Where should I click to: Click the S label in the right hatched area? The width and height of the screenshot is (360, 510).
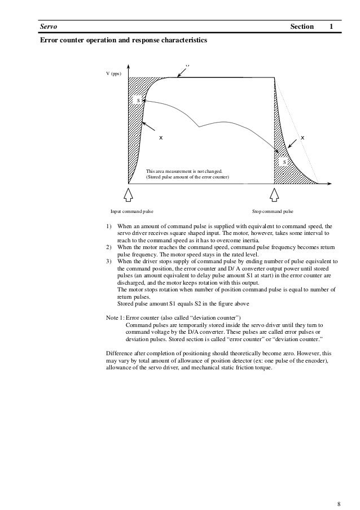tap(284, 162)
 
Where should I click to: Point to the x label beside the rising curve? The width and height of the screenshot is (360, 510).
tap(161, 137)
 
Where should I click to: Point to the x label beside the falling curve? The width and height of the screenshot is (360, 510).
tap(302, 137)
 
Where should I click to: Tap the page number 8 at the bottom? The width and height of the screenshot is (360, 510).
tap(339, 488)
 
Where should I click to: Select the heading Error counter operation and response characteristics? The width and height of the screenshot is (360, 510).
tap(122, 41)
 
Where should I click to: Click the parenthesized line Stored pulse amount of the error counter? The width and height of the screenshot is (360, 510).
tap(187, 177)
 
